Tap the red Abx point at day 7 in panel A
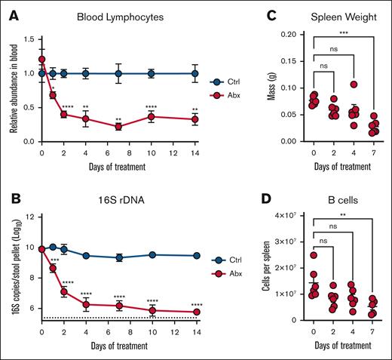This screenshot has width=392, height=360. point(119,127)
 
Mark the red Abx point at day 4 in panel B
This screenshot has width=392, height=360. point(87,304)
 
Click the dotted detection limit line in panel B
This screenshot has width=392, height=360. point(121,318)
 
